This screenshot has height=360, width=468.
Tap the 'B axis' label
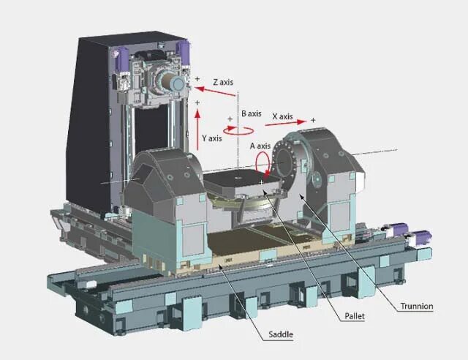point(251,114)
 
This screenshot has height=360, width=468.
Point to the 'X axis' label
point(282,116)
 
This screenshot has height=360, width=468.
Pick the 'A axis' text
point(261,146)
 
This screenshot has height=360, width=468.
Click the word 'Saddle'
point(280,334)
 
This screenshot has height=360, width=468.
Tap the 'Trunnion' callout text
point(417,306)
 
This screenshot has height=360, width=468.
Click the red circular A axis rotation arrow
point(270,165)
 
